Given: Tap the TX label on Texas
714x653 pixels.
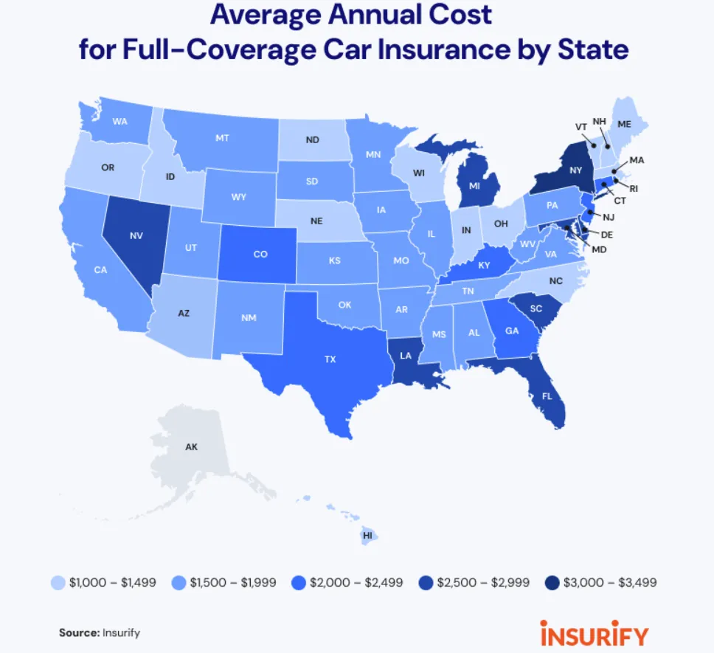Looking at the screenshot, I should [x=330, y=359].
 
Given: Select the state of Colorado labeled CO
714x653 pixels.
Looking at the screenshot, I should [x=260, y=254].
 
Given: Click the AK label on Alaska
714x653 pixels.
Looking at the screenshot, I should [x=191, y=446].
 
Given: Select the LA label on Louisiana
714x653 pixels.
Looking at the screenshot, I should [x=405, y=355].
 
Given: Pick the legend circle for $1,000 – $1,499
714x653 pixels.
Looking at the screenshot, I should [x=58, y=582].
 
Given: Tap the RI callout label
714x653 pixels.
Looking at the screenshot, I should [x=634, y=189].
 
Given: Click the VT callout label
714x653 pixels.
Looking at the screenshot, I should [x=581, y=126].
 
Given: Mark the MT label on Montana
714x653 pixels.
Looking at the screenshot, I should [x=221, y=137].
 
